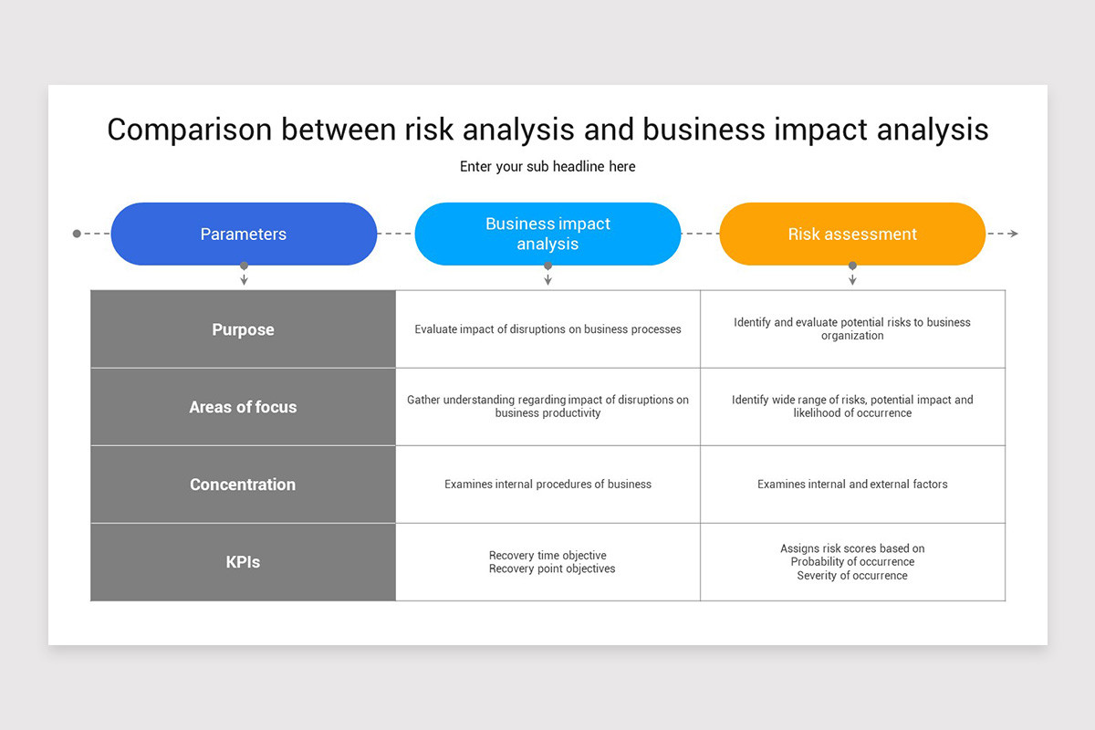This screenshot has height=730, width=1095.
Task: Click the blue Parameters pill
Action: pos(244,234)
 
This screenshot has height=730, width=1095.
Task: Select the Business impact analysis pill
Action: pos(547,234)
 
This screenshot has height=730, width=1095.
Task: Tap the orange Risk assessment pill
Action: pos(852,234)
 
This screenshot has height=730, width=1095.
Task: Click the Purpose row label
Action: pos(243,329)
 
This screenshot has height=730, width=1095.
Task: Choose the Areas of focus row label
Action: pos(243,407)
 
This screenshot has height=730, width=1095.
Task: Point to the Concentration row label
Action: pos(243,484)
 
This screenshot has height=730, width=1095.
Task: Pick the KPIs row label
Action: pos(243,562)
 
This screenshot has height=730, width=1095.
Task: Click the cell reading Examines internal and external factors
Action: pos(852,484)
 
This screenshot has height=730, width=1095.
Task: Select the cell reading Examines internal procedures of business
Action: pos(548,484)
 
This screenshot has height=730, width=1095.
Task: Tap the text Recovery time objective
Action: pos(547,556)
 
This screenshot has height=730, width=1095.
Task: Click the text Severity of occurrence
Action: pos(852,576)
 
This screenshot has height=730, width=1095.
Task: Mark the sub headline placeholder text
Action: pos(547,167)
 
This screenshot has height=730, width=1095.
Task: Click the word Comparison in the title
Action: pos(189,130)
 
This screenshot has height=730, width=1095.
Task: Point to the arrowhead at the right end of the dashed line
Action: pos(1014,234)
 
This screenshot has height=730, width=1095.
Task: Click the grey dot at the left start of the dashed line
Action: pos(77,234)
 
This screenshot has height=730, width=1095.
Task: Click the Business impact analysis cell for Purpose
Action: pos(548,329)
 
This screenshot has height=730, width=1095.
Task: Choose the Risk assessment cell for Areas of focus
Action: pos(852,407)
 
